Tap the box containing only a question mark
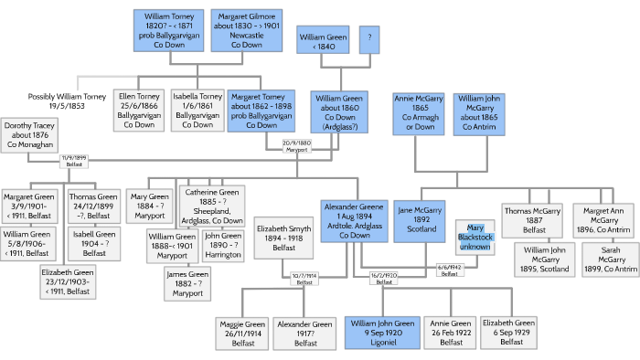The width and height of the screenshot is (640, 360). click(x=369, y=38)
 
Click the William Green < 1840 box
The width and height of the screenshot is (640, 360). click(x=323, y=42)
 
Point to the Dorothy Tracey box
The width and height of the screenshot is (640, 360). click(x=31, y=134)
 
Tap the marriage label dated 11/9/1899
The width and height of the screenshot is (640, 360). click(x=73, y=161)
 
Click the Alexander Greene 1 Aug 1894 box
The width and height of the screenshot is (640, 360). click(x=352, y=221)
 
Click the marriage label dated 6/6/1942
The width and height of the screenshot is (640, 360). click(x=448, y=270)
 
